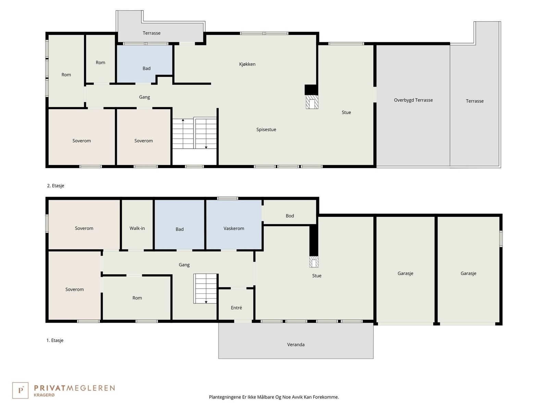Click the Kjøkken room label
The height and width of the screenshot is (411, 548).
point(247,64)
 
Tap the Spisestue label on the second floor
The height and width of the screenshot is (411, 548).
point(266,129)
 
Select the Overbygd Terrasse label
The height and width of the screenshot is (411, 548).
point(413,100)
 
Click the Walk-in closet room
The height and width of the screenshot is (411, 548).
point(137,228)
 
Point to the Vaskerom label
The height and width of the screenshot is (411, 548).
point(234,228)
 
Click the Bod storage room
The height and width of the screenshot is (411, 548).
point(290,216)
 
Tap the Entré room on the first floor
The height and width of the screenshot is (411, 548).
point(236,308)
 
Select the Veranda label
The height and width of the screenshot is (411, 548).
point(296,345)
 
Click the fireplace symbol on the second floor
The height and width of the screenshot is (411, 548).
point(312,102)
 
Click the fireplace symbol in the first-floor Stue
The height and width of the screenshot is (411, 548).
point(314,262)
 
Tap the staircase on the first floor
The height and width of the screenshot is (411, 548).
point(206,288)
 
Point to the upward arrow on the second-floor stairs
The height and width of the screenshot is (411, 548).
point(183,120)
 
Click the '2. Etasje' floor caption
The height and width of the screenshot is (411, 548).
point(55,186)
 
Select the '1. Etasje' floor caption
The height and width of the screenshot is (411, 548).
point(55,340)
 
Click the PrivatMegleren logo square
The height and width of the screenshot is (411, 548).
point(20,390)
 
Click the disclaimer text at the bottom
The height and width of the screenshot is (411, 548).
point(274,397)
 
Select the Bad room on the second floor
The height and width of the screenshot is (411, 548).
point(146,68)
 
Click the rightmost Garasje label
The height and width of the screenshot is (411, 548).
point(468,273)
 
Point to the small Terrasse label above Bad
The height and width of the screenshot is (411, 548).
point(151,33)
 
